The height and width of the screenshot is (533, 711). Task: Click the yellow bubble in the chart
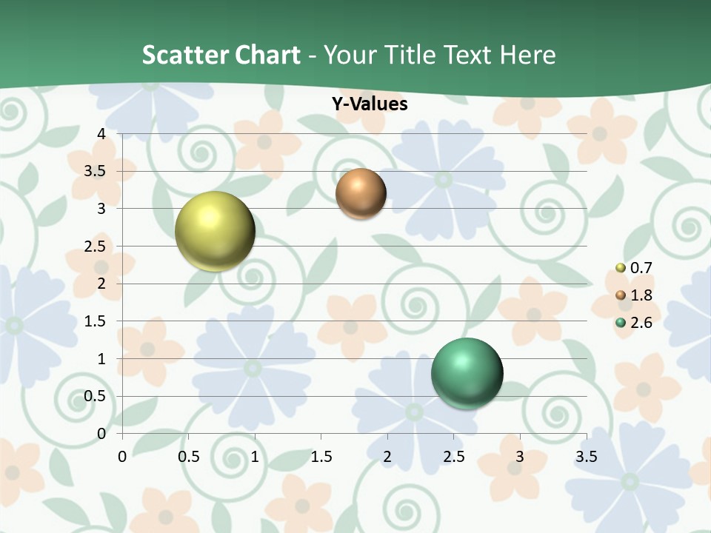click(215, 231)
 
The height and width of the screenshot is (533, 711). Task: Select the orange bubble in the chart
click(361, 193)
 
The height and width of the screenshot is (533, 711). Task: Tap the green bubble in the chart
click(467, 373)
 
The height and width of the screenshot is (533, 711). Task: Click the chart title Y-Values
click(369, 104)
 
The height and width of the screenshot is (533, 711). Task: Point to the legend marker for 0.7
click(621, 268)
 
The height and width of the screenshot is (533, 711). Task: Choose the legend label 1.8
click(641, 295)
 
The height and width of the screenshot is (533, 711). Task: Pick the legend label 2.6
click(641, 323)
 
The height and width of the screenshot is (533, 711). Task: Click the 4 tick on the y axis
click(101, 134)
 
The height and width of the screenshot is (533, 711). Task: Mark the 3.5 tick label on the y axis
click(96, 171)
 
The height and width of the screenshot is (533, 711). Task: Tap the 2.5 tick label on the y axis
click(96, 247)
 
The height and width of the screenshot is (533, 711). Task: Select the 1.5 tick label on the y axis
click(96, 321)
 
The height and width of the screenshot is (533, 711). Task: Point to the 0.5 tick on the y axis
click(96, 397)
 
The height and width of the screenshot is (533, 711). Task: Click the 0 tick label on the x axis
click(123, 457)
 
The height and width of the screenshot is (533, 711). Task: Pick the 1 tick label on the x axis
click(256, 457)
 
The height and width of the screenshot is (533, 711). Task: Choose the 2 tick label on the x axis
click(387, 457)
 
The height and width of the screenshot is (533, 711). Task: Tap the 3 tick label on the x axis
click(520, 457)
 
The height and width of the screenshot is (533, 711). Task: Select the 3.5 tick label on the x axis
click(586, 457)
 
